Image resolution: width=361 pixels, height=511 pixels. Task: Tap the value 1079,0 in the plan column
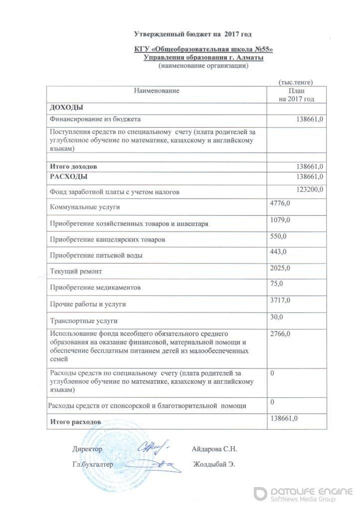[x=280, y=220]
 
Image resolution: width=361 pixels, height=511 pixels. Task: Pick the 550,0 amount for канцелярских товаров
[x=278, y=236]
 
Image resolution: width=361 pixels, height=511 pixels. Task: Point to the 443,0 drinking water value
[x=278, y=252]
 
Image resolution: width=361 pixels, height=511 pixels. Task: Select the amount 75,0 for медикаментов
[x=276, y=283]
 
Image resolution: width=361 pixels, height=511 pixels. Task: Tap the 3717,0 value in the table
[x=280, y=299]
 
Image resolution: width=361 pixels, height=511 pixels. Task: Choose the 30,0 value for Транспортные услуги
[x=276, y=316]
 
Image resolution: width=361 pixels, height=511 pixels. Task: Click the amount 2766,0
[x=280, y=333]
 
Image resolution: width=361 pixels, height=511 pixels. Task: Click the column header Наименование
[x=156, y=91]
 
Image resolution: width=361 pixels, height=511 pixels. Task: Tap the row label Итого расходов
[x=76, y=422]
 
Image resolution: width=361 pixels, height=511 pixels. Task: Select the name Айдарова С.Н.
[x=214, y=449]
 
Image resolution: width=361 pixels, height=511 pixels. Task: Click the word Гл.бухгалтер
[x=93, y=464]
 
